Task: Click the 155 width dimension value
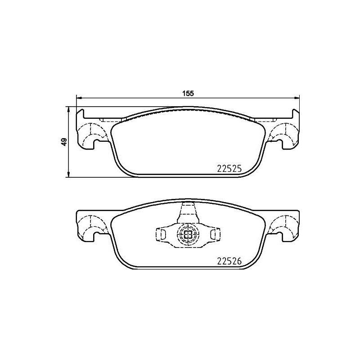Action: pyautogui.click(x=188, y=94)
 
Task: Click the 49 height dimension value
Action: pyautogui.click(x=64, y=142)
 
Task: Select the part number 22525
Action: pyautogui.click(x=229, y=169)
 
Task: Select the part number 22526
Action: pyautogui.click(x=229, y=261)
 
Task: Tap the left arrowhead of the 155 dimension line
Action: pyautogui.click(x=79, y=98)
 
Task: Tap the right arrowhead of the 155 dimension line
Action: pyautogui.click(x=297, y=98)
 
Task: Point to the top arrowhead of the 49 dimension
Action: pyautogui.click(x=68, y=109)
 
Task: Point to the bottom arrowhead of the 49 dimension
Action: pyautogui.click(x=68, y=174)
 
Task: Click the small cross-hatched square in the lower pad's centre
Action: pyautogui.click(x=188, y=234)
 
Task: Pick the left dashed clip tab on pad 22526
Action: pyautogui.click(x=161, y=234)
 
